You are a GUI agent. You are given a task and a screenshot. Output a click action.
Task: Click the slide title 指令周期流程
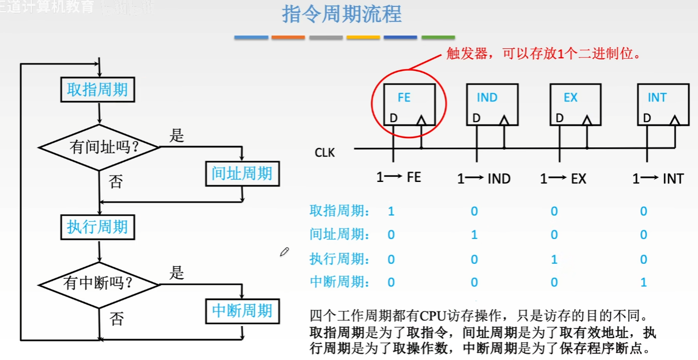tap(341, 14)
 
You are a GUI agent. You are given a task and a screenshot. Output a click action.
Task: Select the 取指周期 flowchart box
tap(97, 89)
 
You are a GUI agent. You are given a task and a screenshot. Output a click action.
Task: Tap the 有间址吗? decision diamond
tap(100, 147)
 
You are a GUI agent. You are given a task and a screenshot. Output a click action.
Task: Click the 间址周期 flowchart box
tap(242, 173)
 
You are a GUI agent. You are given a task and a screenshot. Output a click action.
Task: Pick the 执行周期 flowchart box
tap(97, 226)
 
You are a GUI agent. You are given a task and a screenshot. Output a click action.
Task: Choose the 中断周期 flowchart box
tap(242, 311)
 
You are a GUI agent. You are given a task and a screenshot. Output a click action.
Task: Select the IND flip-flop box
tap(492, 105)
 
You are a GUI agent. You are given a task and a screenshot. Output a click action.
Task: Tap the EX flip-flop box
tap(575, 105)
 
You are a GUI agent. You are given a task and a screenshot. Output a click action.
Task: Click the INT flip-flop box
tap(662, 105)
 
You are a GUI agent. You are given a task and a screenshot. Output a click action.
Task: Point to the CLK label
tap(325, 153)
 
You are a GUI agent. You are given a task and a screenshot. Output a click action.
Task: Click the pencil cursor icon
tap(284, 252)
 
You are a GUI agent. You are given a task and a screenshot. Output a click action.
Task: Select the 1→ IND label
tap(484, 179)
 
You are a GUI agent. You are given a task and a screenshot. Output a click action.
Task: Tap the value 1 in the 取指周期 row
tap(391, 211)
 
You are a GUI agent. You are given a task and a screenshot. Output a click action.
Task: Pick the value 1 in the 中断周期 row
tap(644, 282)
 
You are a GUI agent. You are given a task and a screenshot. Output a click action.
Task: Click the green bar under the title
tap(438, 37)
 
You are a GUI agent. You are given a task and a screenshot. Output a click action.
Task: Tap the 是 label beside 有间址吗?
tap(176, 136)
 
